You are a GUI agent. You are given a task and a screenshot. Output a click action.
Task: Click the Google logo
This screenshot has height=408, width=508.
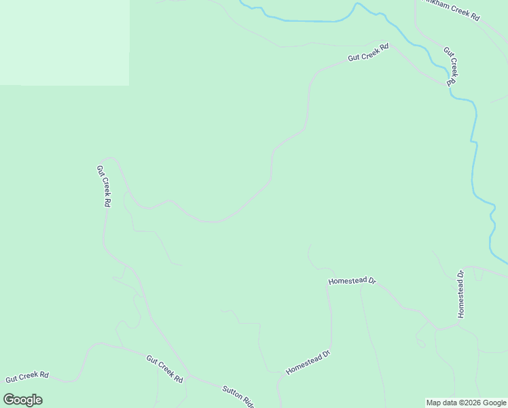[x=22, y=400]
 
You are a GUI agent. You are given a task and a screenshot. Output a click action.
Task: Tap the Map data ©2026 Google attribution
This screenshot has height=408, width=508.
[x=466, y=403]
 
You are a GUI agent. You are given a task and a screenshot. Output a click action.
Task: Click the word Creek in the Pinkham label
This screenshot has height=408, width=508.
[x=454, y=11]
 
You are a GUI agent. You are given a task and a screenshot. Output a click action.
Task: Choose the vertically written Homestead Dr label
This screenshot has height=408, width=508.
[x=460, y=294]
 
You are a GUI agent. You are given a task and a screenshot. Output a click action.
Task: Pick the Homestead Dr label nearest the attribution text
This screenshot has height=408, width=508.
[x=308, y=362]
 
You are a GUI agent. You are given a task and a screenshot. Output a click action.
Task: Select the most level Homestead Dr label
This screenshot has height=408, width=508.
[x=352, y=280]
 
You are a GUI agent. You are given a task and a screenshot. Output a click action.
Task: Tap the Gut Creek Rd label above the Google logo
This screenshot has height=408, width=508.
[x=27, y=375]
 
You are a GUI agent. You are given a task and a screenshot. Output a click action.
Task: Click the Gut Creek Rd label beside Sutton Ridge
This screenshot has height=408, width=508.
[x=164, y=369]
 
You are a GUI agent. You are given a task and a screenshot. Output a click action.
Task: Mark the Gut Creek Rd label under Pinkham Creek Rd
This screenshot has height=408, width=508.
[x=451, y=66]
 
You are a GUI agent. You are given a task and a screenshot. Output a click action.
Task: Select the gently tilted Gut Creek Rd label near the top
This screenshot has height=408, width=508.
[x=368, y=53]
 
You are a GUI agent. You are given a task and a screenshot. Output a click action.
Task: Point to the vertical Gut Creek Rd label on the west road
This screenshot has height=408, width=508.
[x=103, y=186]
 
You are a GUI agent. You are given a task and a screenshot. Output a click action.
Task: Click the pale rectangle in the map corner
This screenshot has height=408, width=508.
[x=65, y=42]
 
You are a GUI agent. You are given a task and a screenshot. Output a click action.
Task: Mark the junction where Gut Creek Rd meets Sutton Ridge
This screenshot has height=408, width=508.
[x=188, y=374]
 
